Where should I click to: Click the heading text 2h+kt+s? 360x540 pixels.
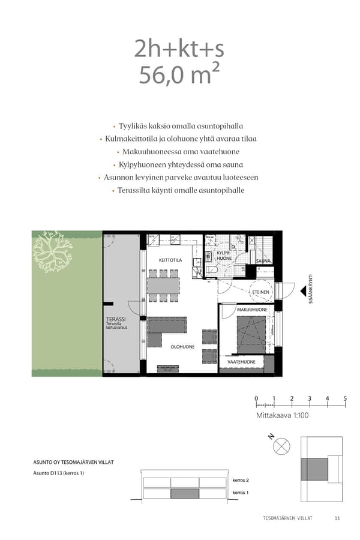pos(179,50)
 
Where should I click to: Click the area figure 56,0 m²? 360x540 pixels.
pos(179,76)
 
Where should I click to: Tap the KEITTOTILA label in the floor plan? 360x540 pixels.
pos(170,260)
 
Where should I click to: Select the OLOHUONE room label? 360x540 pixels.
pos(182,347)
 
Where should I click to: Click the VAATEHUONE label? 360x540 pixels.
pos(241,362)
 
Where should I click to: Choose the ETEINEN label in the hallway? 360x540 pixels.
pos(260,292)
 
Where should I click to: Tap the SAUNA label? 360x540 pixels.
pos(264,261)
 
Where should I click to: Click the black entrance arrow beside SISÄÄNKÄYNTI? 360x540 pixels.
pos(297,290)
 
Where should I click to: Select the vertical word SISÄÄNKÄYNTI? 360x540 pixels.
pos(311,290)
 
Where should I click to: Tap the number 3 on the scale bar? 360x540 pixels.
pos(310,398)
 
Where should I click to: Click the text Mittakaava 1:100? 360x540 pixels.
pos(282,415)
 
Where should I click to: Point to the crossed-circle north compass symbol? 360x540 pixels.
pos(281,446)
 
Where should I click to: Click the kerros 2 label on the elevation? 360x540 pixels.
pos(240,481)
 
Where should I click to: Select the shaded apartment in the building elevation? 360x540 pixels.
pos(185,494)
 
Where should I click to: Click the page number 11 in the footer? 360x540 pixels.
pos(337,518)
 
